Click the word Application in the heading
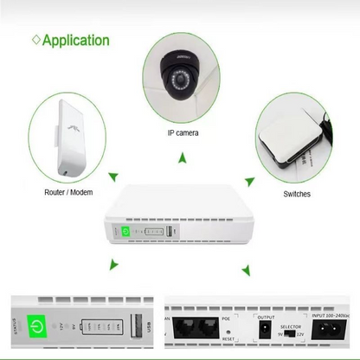[x=75, y=41]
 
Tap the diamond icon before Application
[x=35, y=41]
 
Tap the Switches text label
[x=297, y=194]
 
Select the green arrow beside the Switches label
[x=250, y=180]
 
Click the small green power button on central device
[x=125, y=232]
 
